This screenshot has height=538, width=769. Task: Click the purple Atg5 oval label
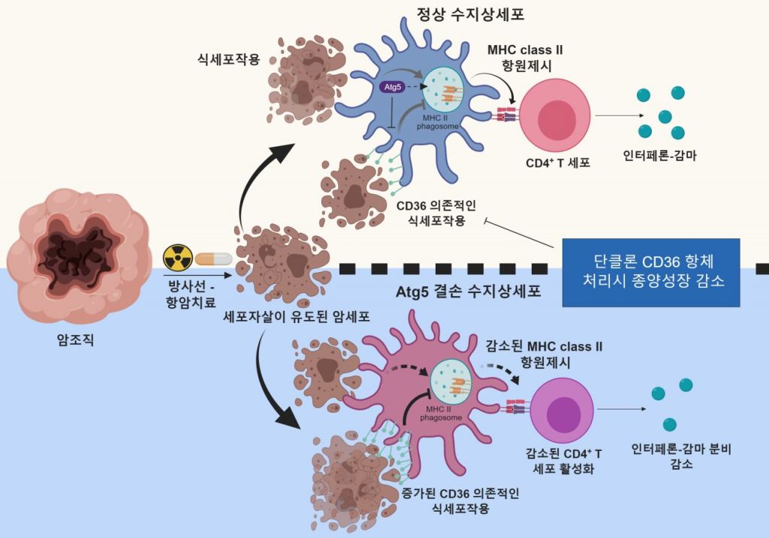tap(393, 87)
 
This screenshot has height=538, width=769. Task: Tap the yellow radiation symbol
tap(178, 258)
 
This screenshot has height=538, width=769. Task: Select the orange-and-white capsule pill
tap(213, 258)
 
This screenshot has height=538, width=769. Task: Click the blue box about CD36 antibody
tap(650, 273)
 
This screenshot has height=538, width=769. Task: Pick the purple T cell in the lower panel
tap(562, 410)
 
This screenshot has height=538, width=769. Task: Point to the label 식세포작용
tap(228, 59)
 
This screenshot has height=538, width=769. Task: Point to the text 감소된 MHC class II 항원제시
tap(544, 353)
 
